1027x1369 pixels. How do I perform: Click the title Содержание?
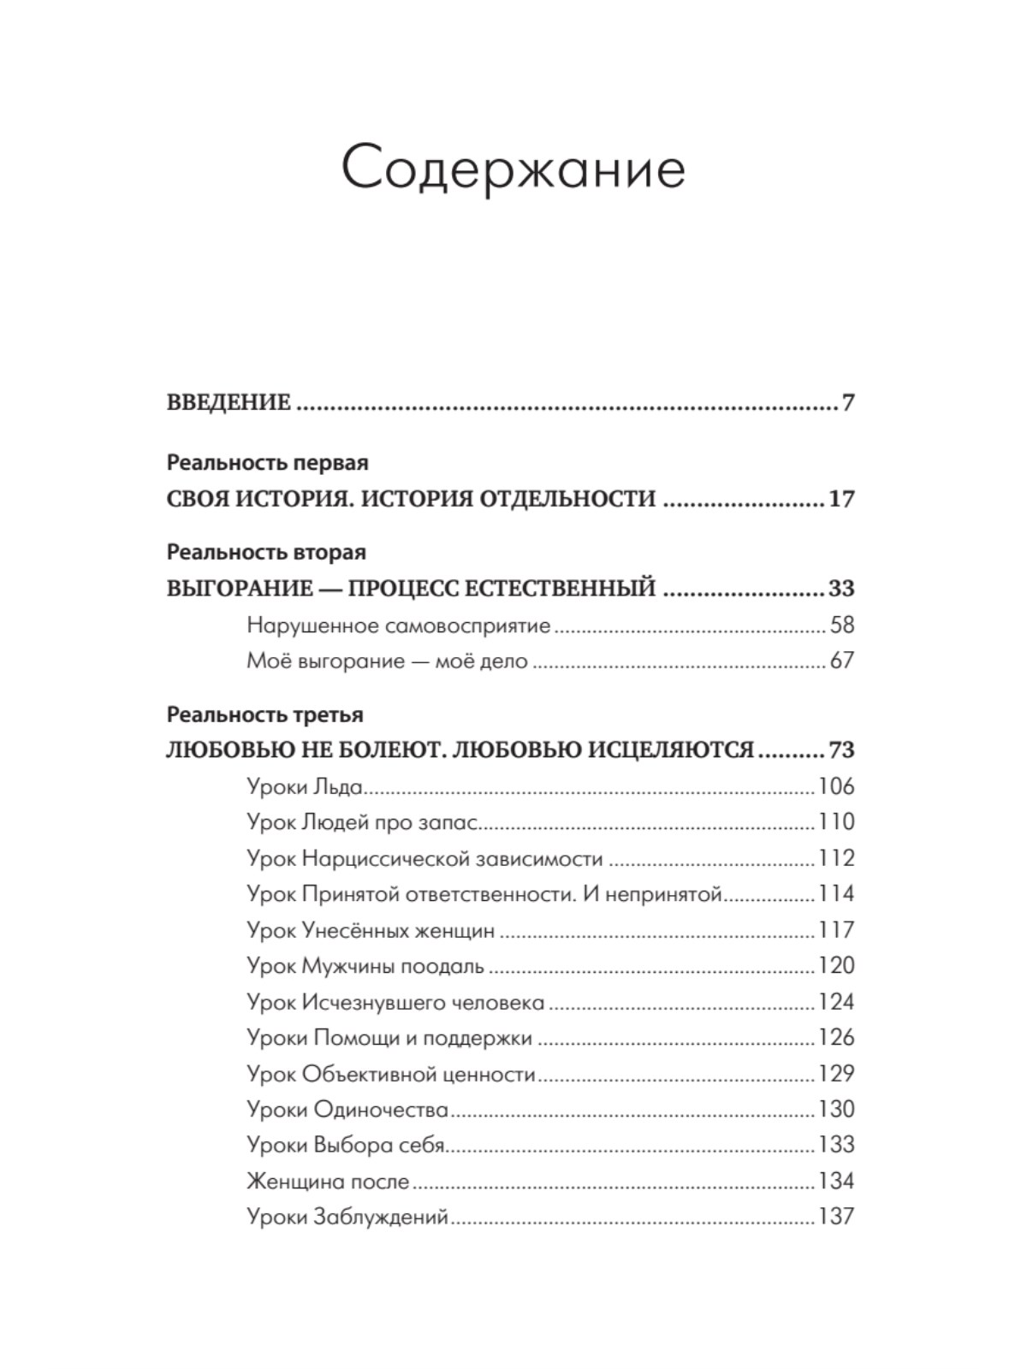(x=513, y=169)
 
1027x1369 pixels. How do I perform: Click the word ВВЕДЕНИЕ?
(x=229, y=402)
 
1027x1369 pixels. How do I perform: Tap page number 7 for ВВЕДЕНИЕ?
(x=847, y=402)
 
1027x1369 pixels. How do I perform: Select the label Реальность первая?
(x=268, y=463)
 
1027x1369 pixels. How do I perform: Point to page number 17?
(x=841, y=499)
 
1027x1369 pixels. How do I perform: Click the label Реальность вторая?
(x=266, y=552)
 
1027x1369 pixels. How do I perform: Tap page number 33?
(x=841, y=589)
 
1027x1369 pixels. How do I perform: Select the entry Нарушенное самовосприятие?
(x=398, y=625)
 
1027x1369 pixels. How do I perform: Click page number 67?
(x=842, y=661)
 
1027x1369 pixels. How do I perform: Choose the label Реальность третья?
(x=265, y=714)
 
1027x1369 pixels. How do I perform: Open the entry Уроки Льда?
(x=305, y=786)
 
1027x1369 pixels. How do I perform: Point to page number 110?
(x=836, y=822)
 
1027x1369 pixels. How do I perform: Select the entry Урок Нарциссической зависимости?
(x=424, y=858)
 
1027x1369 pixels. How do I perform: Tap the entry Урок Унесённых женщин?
(x=371, y=930)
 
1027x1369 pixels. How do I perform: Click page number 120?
(x=836, y=966)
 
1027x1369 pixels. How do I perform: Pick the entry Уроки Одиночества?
(x=347, y=1110)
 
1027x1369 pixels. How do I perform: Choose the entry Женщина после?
(x=328, y=1182)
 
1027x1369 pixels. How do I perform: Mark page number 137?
(x=836, y=1217)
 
